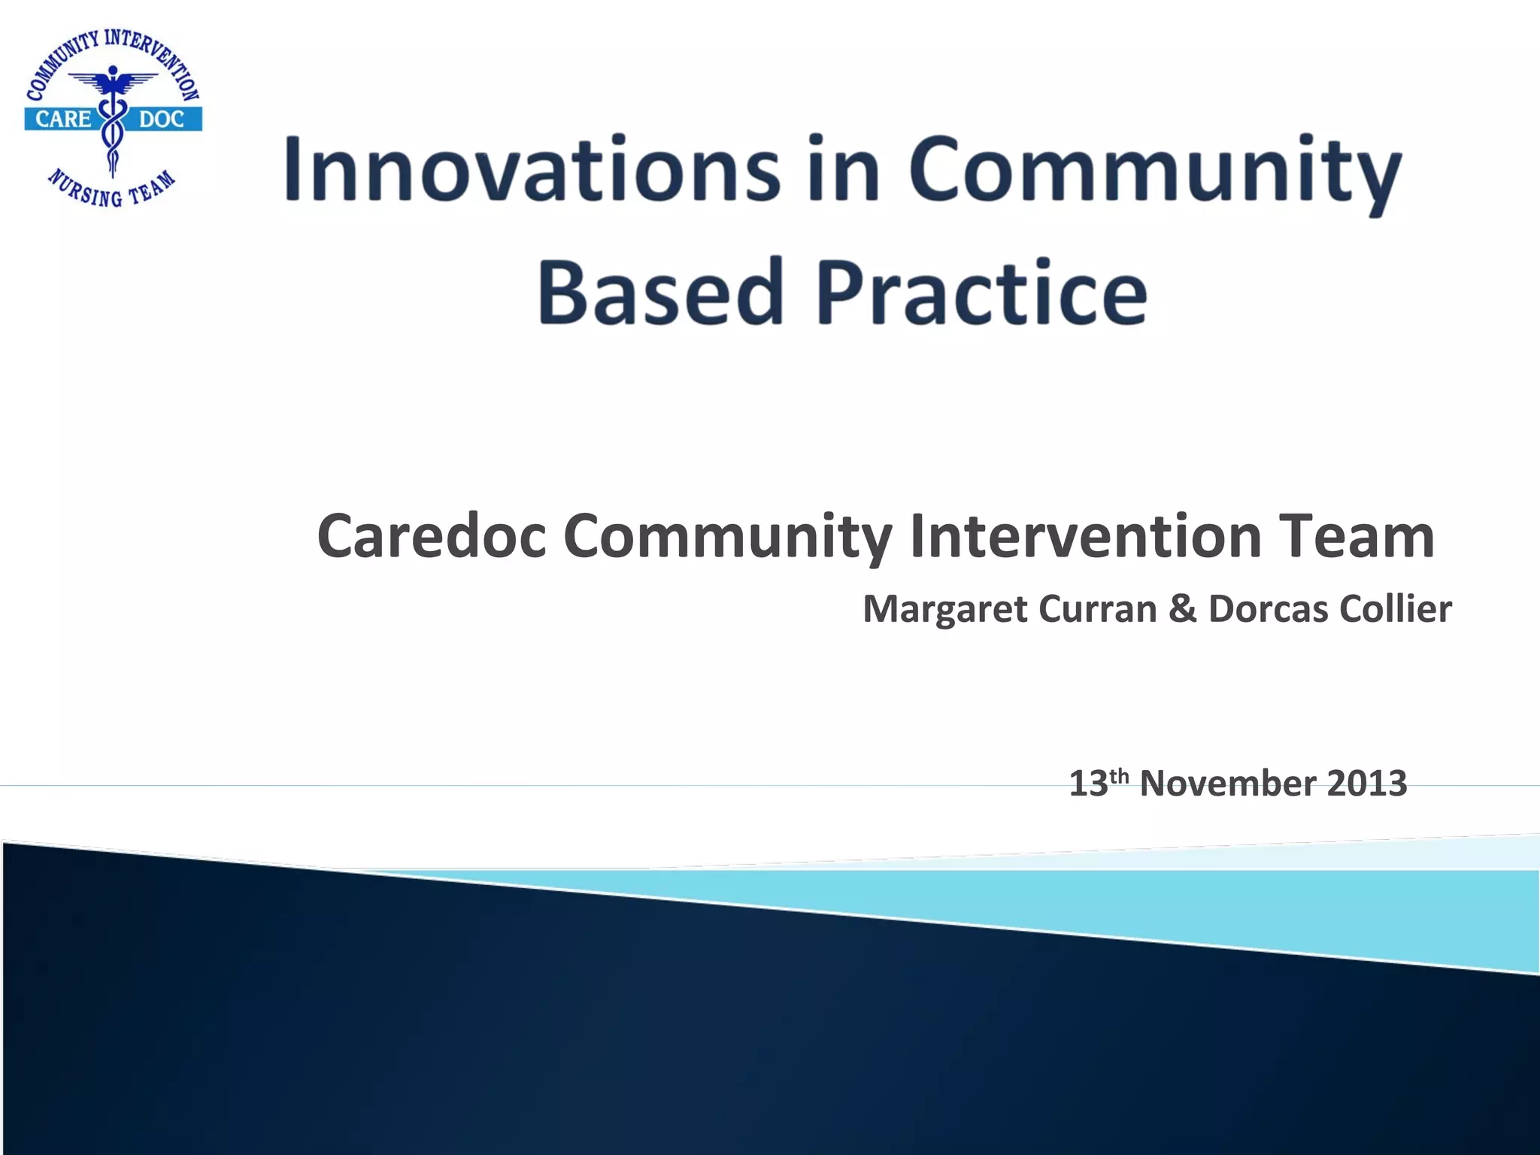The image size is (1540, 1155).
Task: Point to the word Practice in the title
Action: (x=981, y=292)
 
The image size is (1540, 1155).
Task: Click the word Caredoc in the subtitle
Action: (x=432, y=537)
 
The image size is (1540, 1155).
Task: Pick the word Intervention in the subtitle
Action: (x=1085, y=537)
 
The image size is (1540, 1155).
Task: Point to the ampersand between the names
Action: (x=1183, y=609)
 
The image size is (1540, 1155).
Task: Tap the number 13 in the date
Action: (x=1087, y=784)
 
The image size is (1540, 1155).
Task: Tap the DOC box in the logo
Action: (x=162, y=119)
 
